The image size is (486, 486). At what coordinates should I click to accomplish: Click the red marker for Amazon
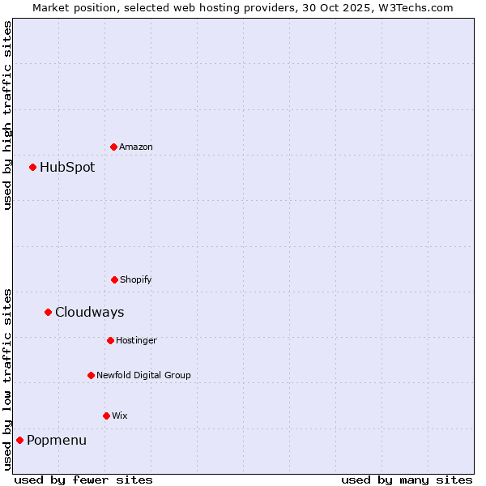[x=113, y=147]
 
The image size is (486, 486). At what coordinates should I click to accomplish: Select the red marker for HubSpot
[x=33, y=167]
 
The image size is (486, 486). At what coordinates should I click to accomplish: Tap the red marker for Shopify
[x=114, y=279]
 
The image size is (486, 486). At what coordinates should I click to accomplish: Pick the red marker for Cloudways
[x=48, y=312]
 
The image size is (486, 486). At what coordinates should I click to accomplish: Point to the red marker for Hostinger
[x=110, y=340]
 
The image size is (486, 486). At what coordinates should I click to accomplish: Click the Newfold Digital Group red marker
[x=91, y=375]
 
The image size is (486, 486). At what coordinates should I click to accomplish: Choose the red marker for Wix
[x=106, y=416]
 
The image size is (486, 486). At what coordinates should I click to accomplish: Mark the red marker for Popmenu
[x=19, y=440]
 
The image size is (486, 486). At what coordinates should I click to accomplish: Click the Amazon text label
[x=136, y=147]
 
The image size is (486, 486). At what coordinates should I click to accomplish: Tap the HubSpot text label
[x=67, y=168]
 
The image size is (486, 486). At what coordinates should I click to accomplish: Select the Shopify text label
[x=136, y=279]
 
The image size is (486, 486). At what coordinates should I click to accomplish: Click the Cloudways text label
[x=90, y=313]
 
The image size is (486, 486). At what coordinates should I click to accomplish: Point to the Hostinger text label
[x=136, y=340]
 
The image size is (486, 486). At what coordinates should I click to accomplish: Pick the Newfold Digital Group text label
[x=143, y=375]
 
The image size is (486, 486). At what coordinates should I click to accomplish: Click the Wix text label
[x=120, y=416]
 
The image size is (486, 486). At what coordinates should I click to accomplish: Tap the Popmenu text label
[x=57, y=441]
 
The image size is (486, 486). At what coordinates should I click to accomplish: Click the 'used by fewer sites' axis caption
[x=83, y=480]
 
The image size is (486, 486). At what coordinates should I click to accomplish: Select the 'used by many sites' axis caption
[x=407, y=480]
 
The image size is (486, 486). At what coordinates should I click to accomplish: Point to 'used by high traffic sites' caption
[x=7, y=115]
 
